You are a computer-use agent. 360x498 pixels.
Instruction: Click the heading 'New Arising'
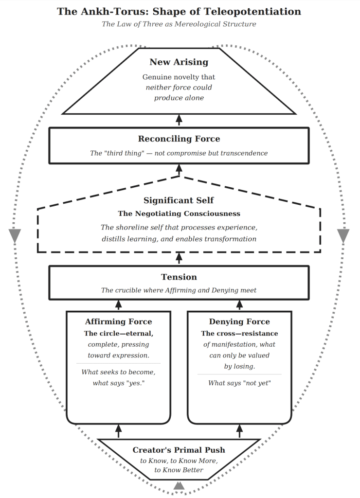(x=179, y=62)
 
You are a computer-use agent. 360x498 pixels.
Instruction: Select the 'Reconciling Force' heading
(x=179, y=139)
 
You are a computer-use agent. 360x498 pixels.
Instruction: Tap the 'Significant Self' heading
(x=179, y=200)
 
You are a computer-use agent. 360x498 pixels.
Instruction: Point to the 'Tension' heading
(x=179, y=277)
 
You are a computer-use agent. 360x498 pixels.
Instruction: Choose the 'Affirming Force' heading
(x=118, y=321)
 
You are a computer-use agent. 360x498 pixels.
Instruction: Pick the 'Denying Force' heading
(x=239, y=321)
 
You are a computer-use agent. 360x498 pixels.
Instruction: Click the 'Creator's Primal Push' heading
(x=179, y=450)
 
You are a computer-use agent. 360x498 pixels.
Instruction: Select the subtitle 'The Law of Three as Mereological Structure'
(x=179, y=24)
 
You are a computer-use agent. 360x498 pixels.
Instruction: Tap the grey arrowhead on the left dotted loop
(x=15, y=235)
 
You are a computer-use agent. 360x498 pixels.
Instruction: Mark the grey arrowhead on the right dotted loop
(x=343, y=235)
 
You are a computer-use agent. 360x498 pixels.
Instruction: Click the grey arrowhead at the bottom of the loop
(x=179, y=485)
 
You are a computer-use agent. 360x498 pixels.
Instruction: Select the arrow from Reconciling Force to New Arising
(x=179, y=120)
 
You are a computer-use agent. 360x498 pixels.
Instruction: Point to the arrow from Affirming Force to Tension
(x=118, y=305)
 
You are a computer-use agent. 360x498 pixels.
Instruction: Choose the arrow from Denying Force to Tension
(x=239, y=305)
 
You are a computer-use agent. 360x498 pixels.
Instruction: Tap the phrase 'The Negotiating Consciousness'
(x=179, y=213)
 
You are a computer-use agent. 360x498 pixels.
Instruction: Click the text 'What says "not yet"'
(x=239, y=383)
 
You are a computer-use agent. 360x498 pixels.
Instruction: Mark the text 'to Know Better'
(x=179, y=470)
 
